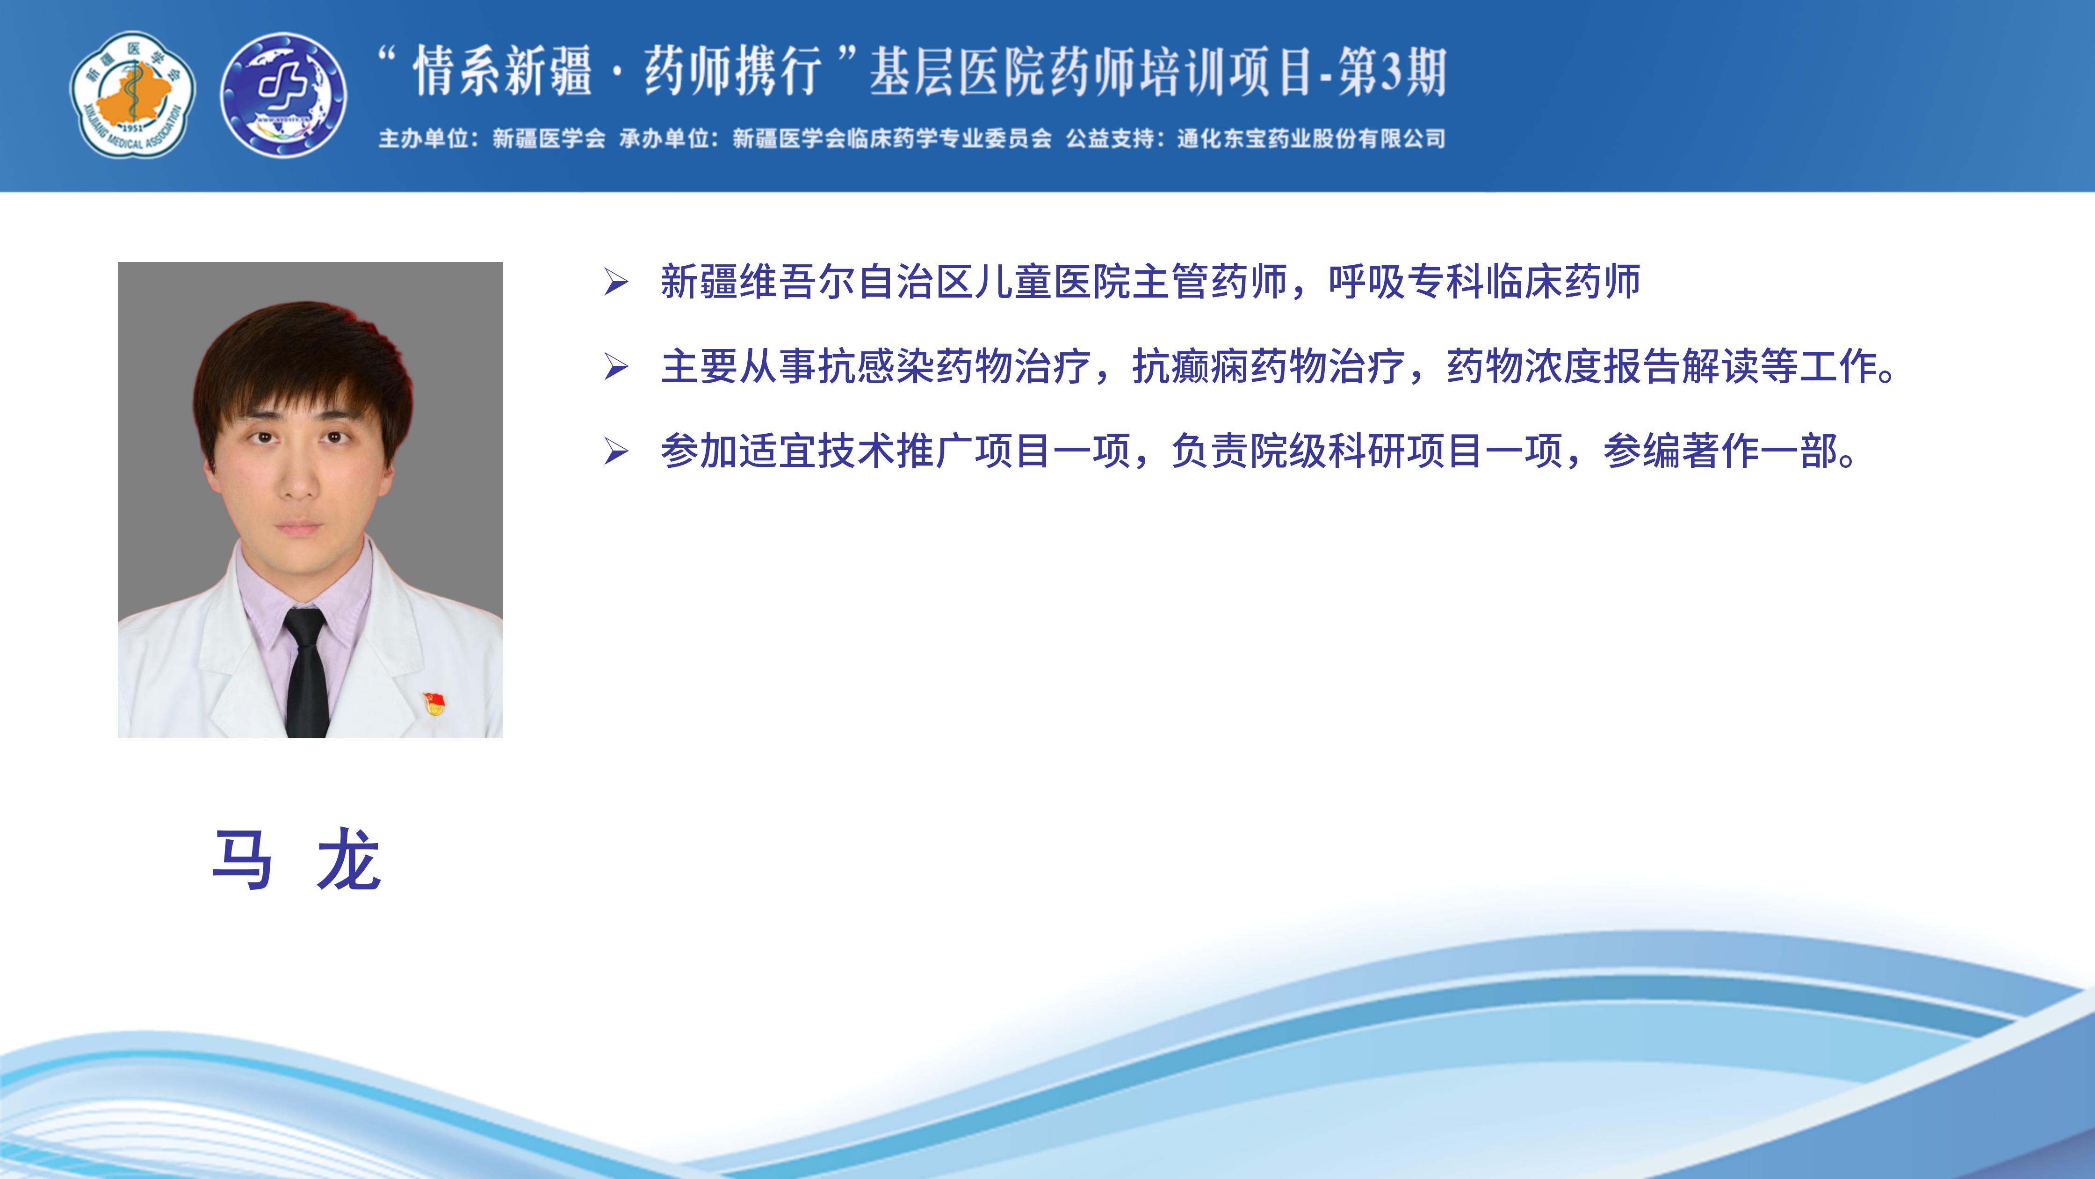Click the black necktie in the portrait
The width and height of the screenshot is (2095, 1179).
click(x=307, y=671)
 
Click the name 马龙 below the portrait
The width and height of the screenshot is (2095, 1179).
click(x=297, y=860)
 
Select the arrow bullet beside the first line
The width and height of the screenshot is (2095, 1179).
click(x=616, y=283)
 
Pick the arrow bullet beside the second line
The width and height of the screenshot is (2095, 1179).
click(x=616, y=368)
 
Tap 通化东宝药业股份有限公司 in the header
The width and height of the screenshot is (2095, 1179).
click(x=1311, y=139)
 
